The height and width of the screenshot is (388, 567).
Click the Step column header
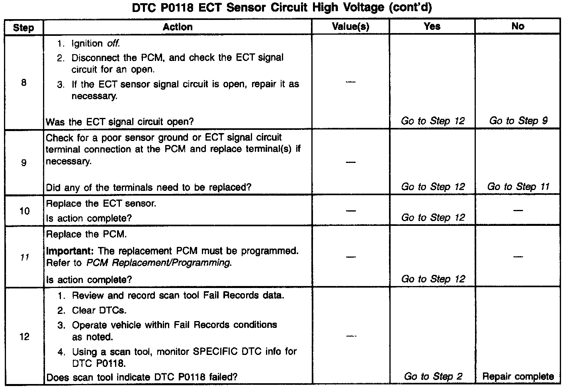23,27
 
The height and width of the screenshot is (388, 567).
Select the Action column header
178,27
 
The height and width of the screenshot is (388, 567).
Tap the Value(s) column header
350,27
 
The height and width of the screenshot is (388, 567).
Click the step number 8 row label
24,83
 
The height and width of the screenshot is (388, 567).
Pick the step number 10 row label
24,211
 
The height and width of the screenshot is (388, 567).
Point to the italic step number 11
24,257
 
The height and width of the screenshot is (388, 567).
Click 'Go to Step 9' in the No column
518,121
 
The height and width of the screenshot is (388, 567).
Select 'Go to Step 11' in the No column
518,186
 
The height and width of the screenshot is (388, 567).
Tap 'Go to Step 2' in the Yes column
433,376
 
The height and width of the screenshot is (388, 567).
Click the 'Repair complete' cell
518,376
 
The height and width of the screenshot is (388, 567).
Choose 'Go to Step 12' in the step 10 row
433,218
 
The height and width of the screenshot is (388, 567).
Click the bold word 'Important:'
70,251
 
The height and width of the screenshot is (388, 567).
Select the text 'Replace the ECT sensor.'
101,204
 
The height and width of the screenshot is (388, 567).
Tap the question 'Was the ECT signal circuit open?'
120,122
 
